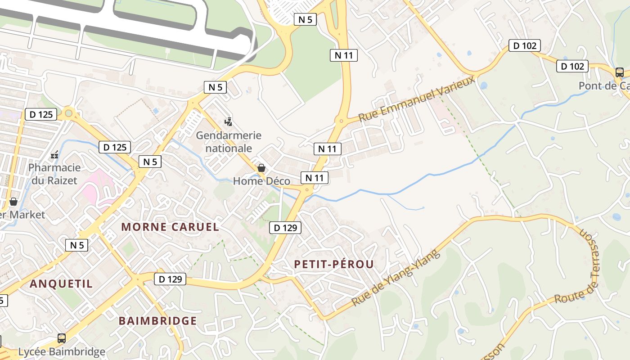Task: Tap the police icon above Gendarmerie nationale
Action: pos(229,121)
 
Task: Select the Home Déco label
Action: pos(261,181)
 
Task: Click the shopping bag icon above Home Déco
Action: pos(261,168)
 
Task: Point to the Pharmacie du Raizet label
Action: pos(54,174)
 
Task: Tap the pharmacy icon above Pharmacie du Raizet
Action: pos(54,155)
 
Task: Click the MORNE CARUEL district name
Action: pos(170,227)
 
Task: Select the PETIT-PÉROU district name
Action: pos(334,264)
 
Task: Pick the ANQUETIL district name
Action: pos(61,283)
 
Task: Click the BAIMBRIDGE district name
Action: pos(157,321)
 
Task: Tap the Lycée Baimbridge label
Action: pos(62,351)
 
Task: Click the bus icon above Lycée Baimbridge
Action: pos(62,338)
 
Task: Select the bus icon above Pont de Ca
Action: pos(620,72)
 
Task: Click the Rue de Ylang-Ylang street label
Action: pos(389,279)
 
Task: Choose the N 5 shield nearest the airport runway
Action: pos(305,19)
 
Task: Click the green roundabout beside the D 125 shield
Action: pos(68,113)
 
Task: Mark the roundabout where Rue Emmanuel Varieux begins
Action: pos(341,121)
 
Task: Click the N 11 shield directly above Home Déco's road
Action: pos(315,178)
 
